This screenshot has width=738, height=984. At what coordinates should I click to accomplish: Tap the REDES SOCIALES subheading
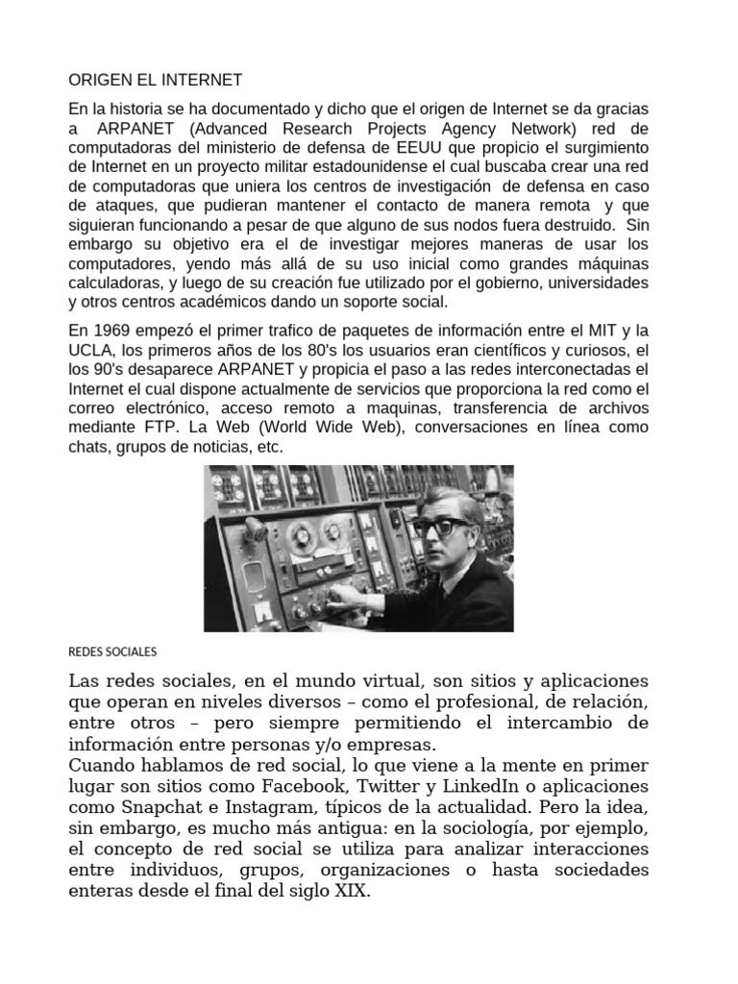click(111, 652)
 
